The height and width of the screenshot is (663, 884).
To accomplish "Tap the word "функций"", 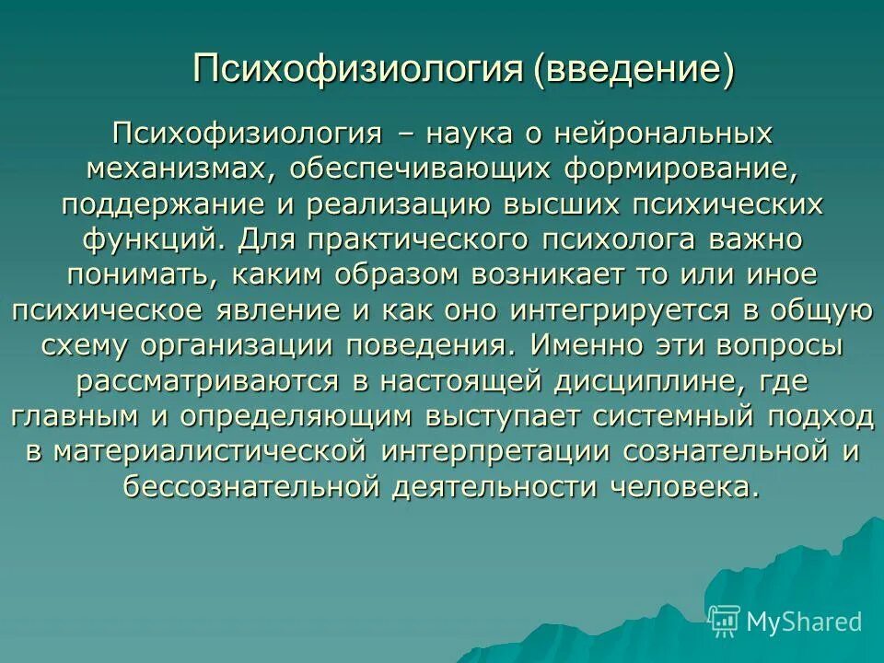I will tap(150, 239).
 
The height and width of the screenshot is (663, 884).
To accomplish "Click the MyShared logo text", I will tap(804, 622).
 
